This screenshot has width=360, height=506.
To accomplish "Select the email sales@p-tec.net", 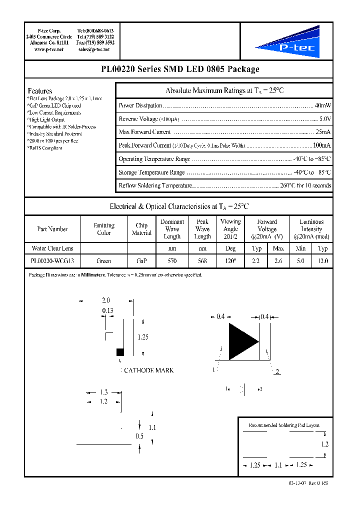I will (96, 50).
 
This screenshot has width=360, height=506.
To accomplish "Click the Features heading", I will (40, 91).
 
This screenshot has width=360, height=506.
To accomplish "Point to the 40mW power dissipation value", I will (322, 105).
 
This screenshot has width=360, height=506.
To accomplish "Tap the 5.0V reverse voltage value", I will (324, 119).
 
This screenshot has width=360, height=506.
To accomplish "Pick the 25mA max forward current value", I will (322, 132).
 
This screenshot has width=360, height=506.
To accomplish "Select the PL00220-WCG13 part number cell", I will (52, 261).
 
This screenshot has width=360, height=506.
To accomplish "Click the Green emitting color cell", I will (104, 261).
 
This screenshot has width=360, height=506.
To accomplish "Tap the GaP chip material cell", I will (141, 261).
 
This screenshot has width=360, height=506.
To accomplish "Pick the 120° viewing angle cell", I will (230, 261).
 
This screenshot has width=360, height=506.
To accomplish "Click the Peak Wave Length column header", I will (202, 229).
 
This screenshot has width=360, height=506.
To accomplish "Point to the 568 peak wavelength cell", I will (202, 261).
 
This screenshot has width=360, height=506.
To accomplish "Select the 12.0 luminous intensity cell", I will (322, 261).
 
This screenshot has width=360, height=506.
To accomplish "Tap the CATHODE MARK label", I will (148, 370).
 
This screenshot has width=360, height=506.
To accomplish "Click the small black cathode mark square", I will (120, 352).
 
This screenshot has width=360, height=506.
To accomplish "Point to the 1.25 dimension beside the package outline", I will (142, 337).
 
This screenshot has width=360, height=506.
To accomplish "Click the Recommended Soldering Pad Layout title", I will (284, 425).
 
